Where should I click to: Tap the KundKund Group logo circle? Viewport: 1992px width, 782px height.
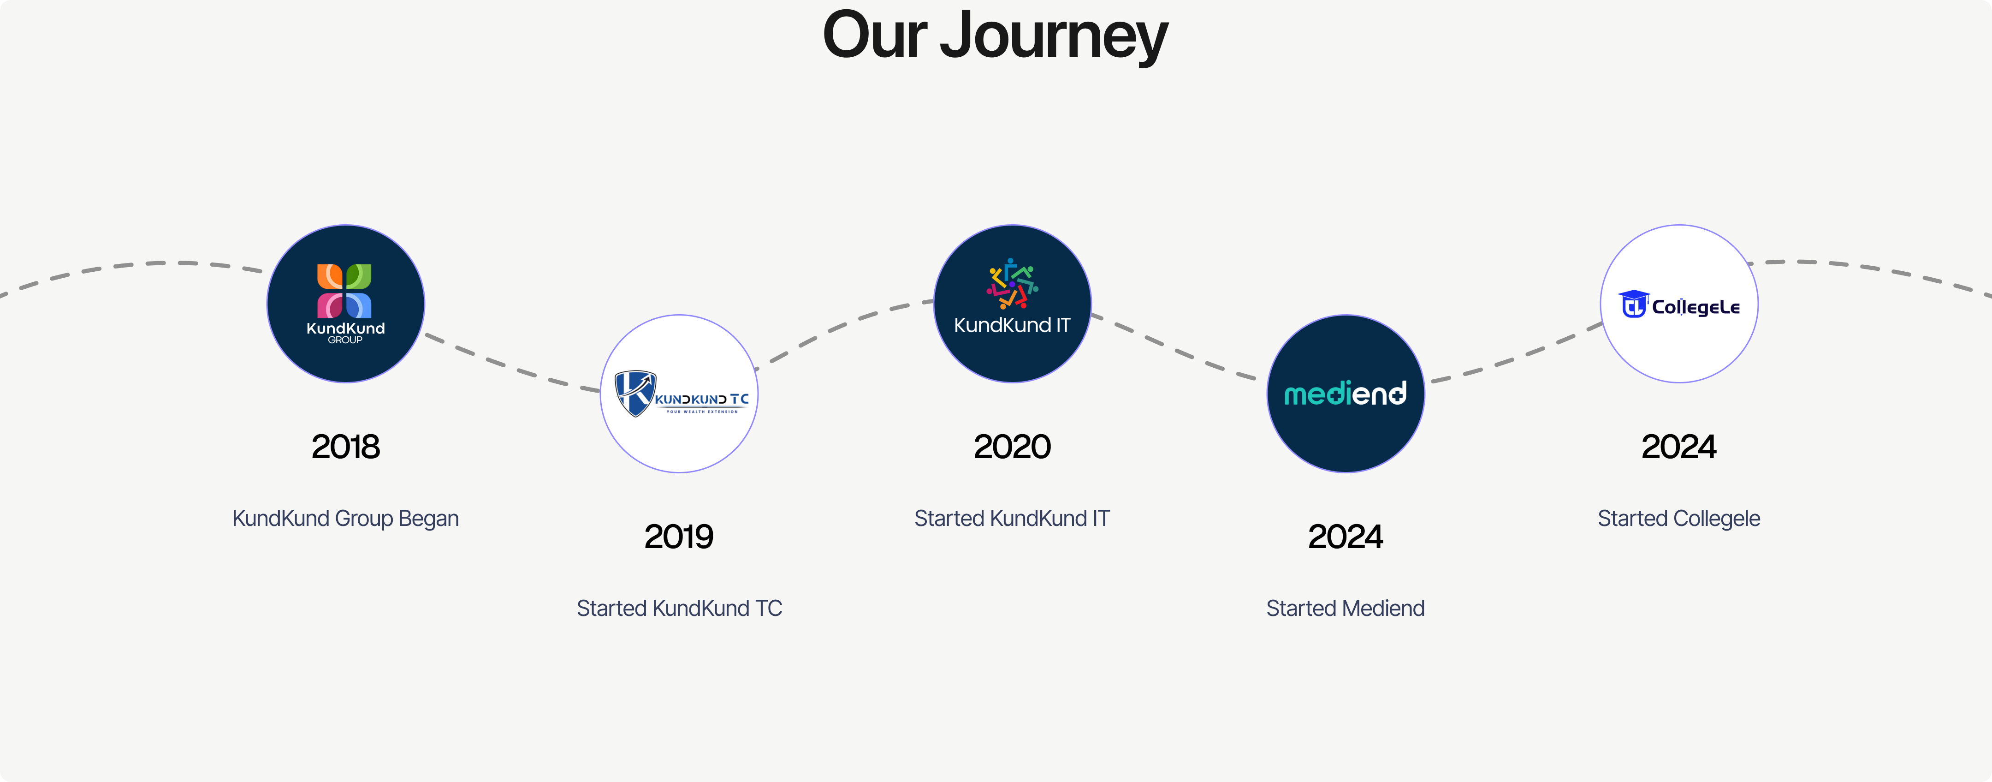[346, 303]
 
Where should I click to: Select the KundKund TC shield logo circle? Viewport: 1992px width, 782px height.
[679, 394]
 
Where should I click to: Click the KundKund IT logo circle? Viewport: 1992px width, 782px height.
[1012, 303]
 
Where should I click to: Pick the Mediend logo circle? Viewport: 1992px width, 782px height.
[1346, 394]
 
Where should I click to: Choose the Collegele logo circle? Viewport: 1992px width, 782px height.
[1679, 303]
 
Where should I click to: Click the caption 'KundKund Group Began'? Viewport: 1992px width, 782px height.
[346, 518]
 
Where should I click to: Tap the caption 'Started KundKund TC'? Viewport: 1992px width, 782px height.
[679, 608]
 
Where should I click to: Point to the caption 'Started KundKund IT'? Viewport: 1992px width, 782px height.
[1012, 518]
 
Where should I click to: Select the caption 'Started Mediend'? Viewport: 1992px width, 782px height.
[1346, 608]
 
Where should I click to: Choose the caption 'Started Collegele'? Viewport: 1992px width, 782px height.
[1679, 518]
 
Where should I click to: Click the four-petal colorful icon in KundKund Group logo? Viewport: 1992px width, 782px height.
[344, 291]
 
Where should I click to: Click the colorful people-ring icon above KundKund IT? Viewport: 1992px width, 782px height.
[1012, 284]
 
